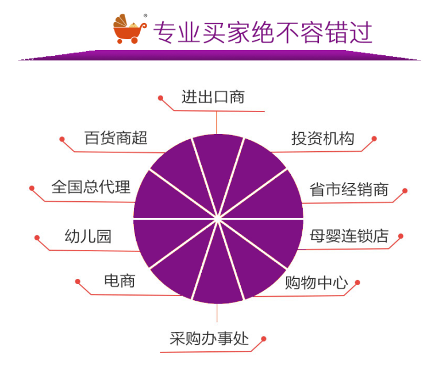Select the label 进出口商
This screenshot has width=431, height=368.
click(213, 97)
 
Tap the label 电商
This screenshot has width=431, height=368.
click(120, 281)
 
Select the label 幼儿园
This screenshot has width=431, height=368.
click(88, 236)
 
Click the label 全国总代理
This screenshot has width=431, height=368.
click(91, 187)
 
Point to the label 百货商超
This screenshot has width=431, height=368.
click(117, 138)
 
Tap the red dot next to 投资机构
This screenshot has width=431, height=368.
click(374, 139)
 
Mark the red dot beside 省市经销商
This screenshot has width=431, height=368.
click(405, 190)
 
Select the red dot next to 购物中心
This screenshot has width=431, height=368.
click(357, 282)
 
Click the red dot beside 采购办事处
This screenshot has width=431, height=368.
click(264, 339)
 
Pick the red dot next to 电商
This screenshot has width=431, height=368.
click(78, 281)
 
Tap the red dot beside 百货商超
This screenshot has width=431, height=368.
click(61, 139)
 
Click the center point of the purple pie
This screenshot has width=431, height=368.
click(218, 218)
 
